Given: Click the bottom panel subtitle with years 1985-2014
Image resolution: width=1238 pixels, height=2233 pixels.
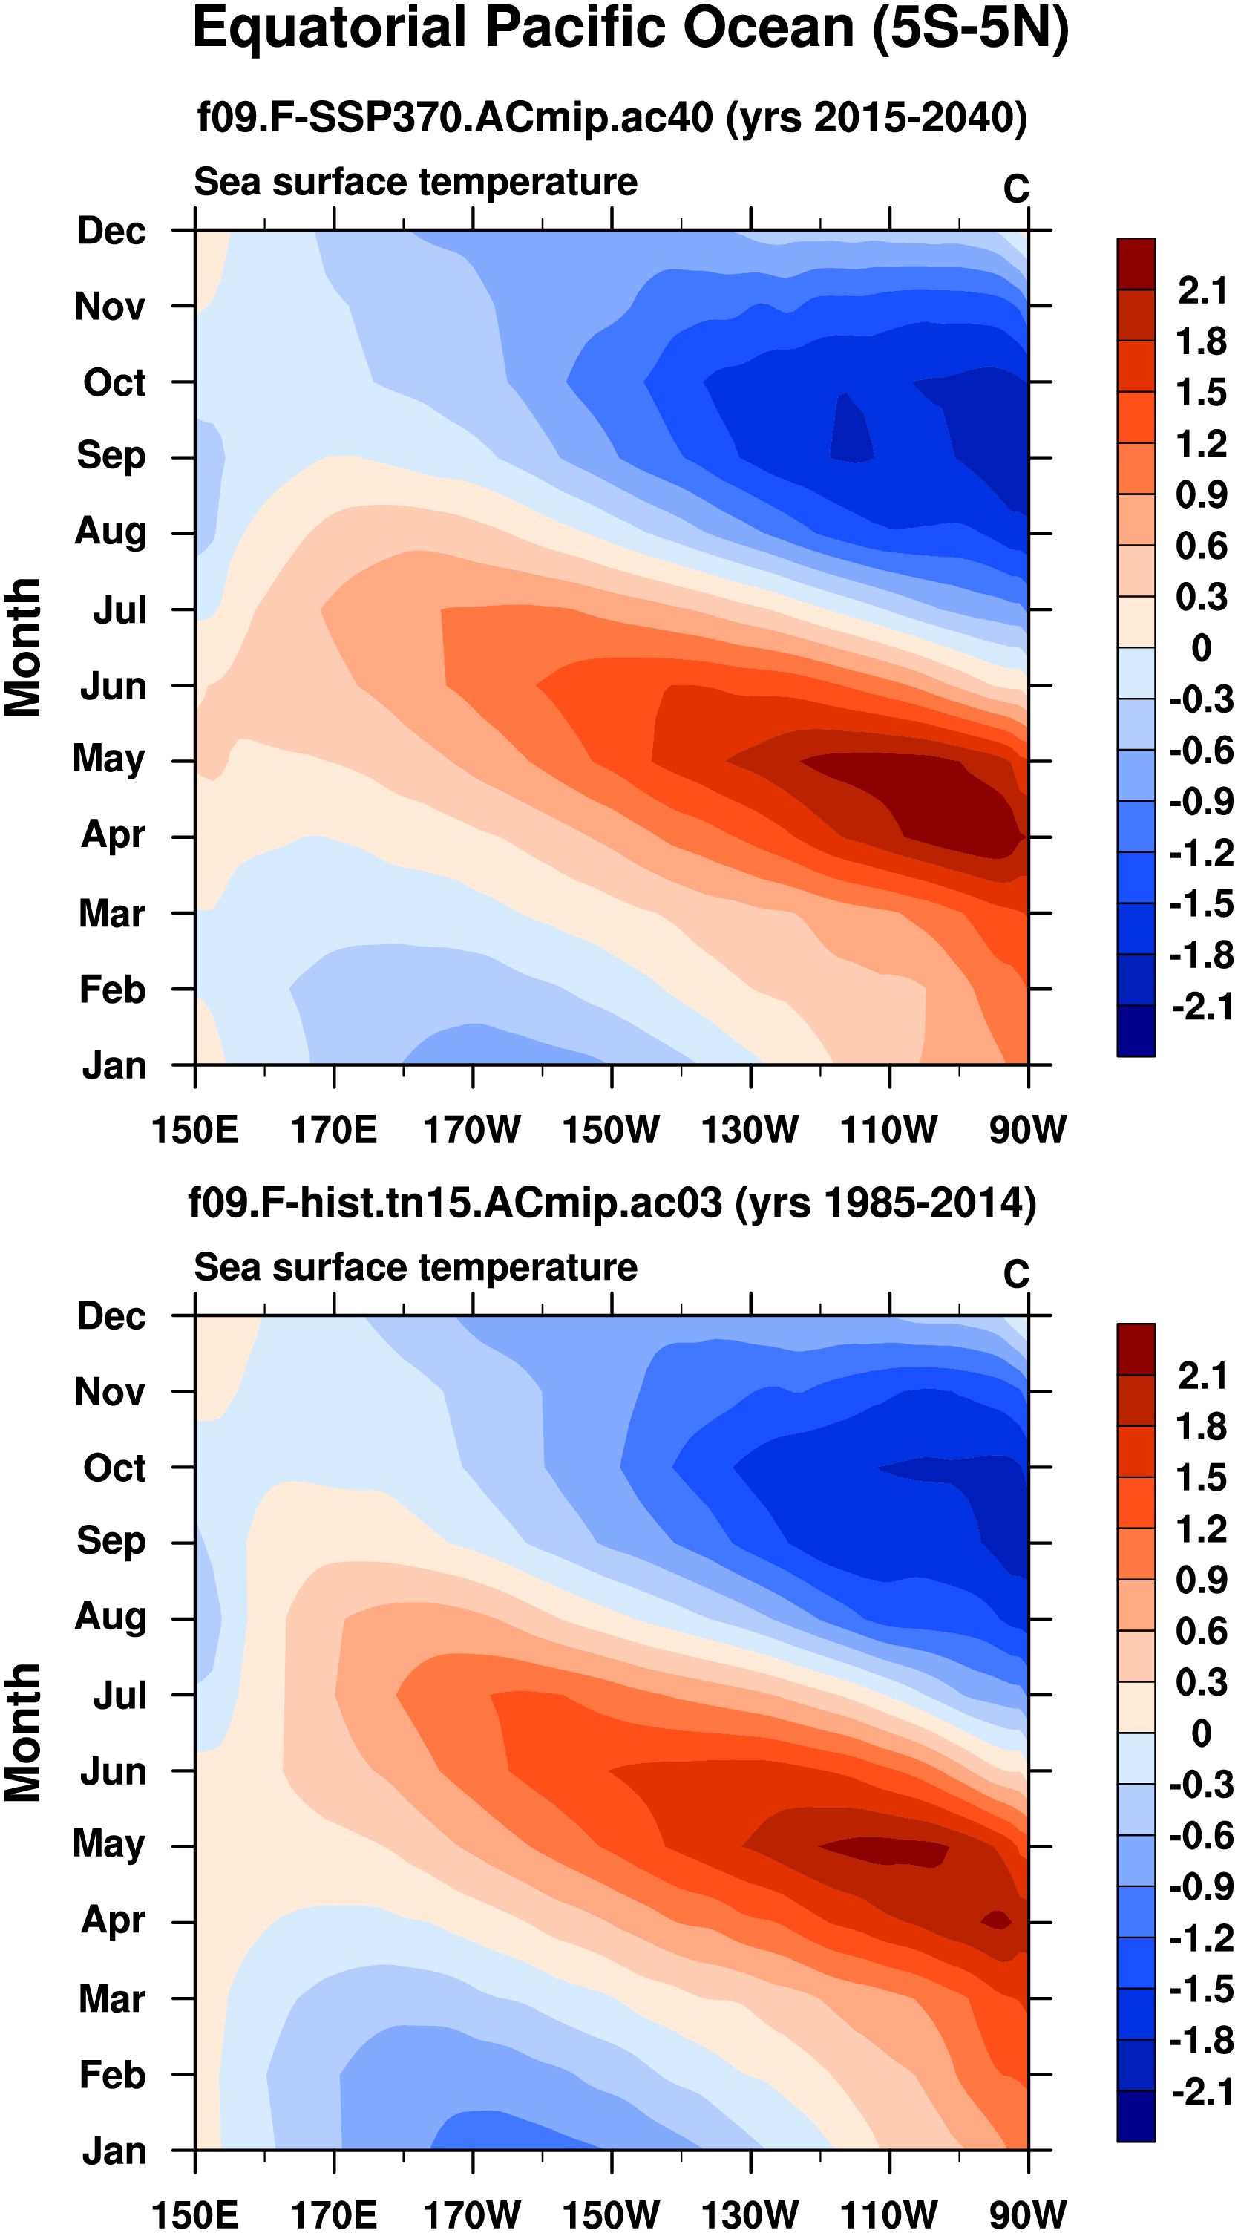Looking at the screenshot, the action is pyautogui.click(x=612, y=1203).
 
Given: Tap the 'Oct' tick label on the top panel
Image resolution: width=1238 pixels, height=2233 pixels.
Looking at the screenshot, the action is pyautogui.click(x=114, y=382).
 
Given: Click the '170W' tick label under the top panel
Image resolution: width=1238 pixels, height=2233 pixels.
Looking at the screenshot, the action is pyautogui.click(x=473, y=1130).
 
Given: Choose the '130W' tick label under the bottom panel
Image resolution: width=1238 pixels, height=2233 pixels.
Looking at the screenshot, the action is pyautogui.click(x=750, y=2214).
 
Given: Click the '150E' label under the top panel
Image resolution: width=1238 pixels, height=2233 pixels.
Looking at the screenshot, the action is pyautogui.click(x=195, y=1130).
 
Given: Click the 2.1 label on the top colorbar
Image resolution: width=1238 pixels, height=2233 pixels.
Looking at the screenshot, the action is pyautogui.click(x=1202, y=291).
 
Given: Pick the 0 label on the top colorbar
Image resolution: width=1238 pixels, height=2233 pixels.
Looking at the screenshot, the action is pyautogui.click(x=1202, y=647).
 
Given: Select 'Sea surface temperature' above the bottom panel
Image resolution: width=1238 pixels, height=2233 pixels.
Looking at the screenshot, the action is pyautogui.click(x=416, y=1267).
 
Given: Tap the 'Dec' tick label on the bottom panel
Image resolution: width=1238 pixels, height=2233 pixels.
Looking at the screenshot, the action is pyautogui.click(x=112, y=1316).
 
